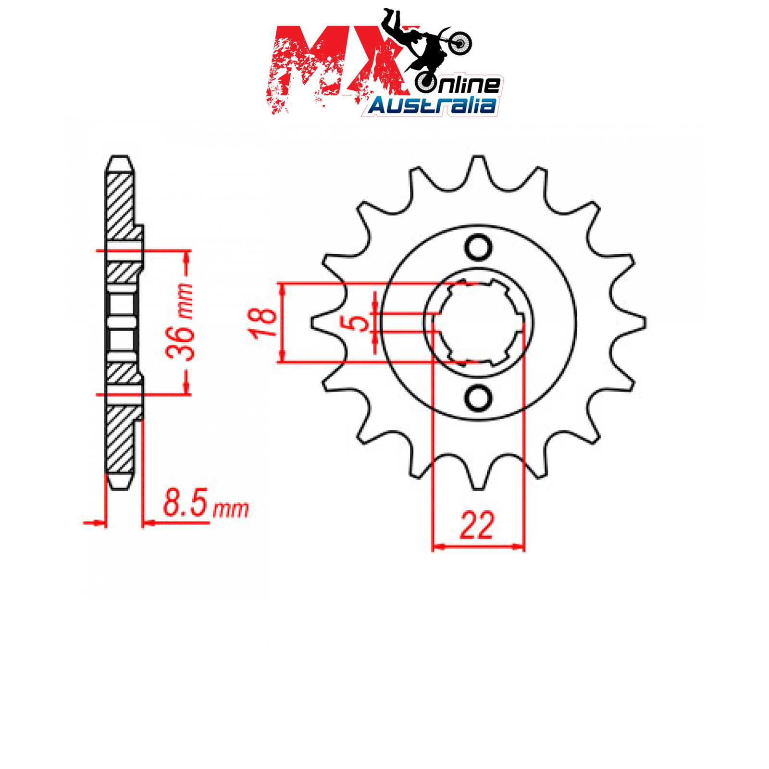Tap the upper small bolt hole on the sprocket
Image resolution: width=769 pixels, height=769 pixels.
(478, 248)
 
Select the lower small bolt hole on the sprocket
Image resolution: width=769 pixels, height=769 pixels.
(478, 398)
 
